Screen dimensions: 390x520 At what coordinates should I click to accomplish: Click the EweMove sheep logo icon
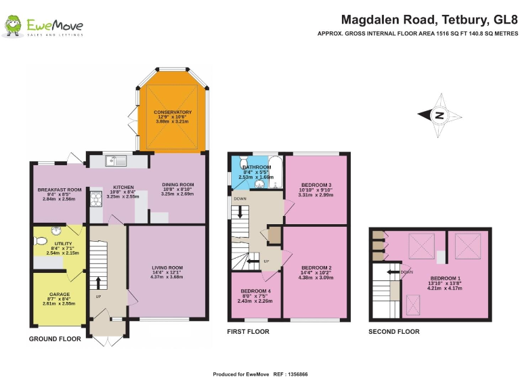13,26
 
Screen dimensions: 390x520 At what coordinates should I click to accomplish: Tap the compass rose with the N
439,115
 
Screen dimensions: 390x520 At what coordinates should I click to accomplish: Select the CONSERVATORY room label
173,112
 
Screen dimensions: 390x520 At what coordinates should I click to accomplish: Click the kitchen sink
117,161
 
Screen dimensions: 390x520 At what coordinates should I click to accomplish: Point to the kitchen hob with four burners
95,198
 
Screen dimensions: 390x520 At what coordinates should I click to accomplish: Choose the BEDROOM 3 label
316,185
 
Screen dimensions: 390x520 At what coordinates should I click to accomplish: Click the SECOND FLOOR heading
393,332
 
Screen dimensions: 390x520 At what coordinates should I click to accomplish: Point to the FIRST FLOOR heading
248,332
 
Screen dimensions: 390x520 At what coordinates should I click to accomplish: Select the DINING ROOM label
177,184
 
